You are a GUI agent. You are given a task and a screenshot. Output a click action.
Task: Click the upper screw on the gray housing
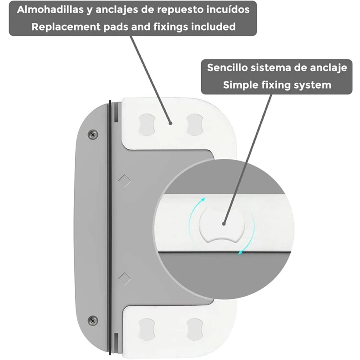[93, 134]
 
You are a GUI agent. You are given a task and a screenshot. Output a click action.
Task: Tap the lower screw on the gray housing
[93, 320]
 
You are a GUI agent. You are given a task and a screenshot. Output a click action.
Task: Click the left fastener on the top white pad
[147, 123]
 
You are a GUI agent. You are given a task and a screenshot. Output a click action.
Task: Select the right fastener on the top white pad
[195, 123]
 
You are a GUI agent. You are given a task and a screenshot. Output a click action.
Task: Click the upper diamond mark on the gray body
[124, 180]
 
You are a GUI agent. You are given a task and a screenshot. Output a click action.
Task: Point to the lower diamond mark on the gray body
[124, 278]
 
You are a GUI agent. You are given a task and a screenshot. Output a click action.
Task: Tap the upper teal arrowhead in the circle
[203, 199]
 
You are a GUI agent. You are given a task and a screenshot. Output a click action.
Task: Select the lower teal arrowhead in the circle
[241, 253]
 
